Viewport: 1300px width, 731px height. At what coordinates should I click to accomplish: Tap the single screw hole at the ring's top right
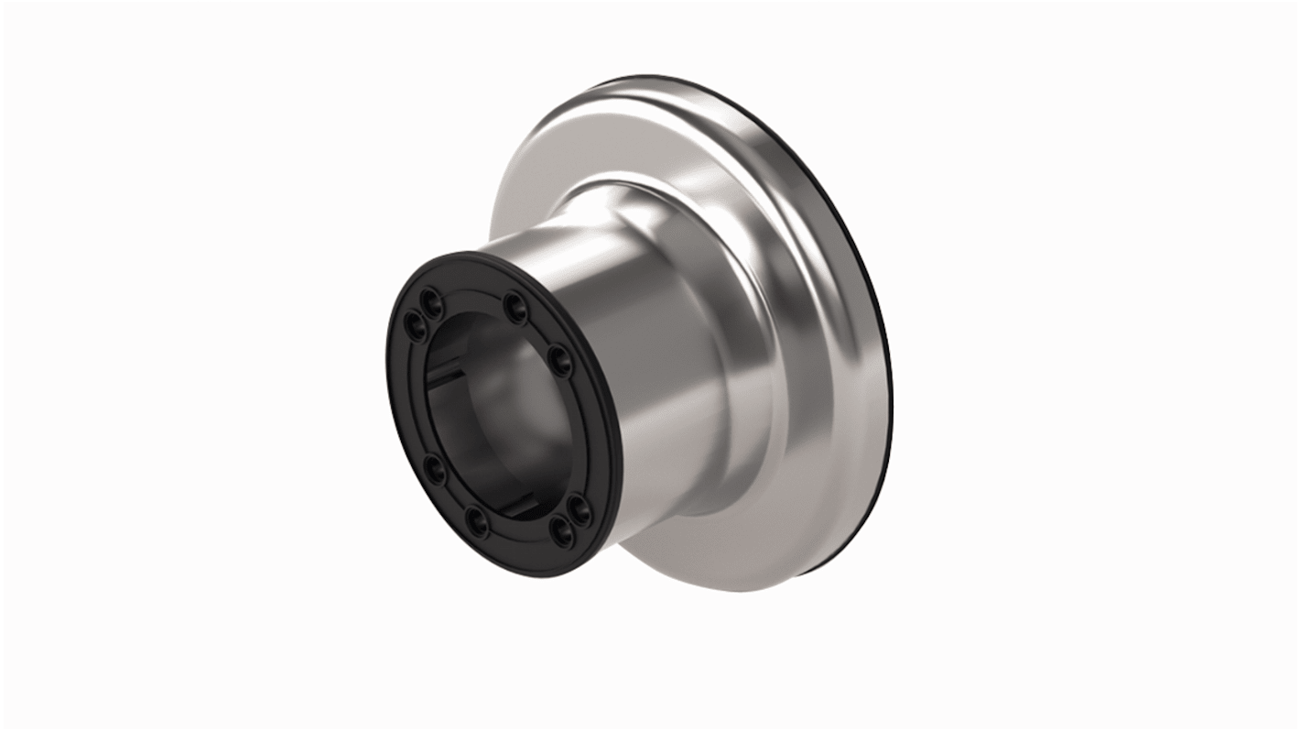(x=515, y=302)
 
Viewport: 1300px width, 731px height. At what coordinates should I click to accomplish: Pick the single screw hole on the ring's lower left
(x=434, y=471)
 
